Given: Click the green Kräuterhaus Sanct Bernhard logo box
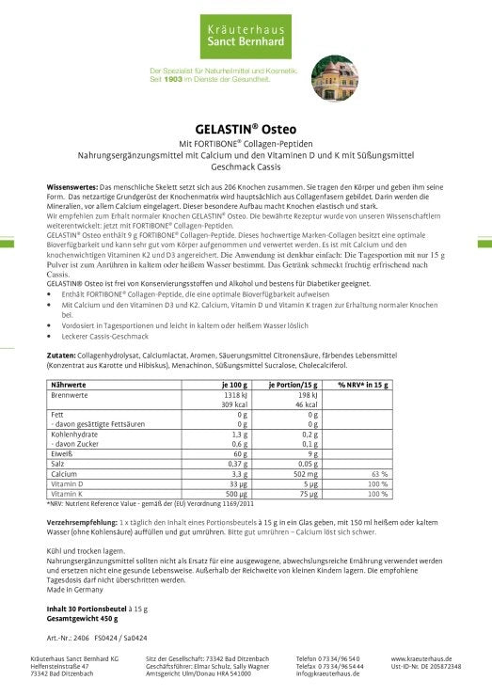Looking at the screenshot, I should coord(245,38).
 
